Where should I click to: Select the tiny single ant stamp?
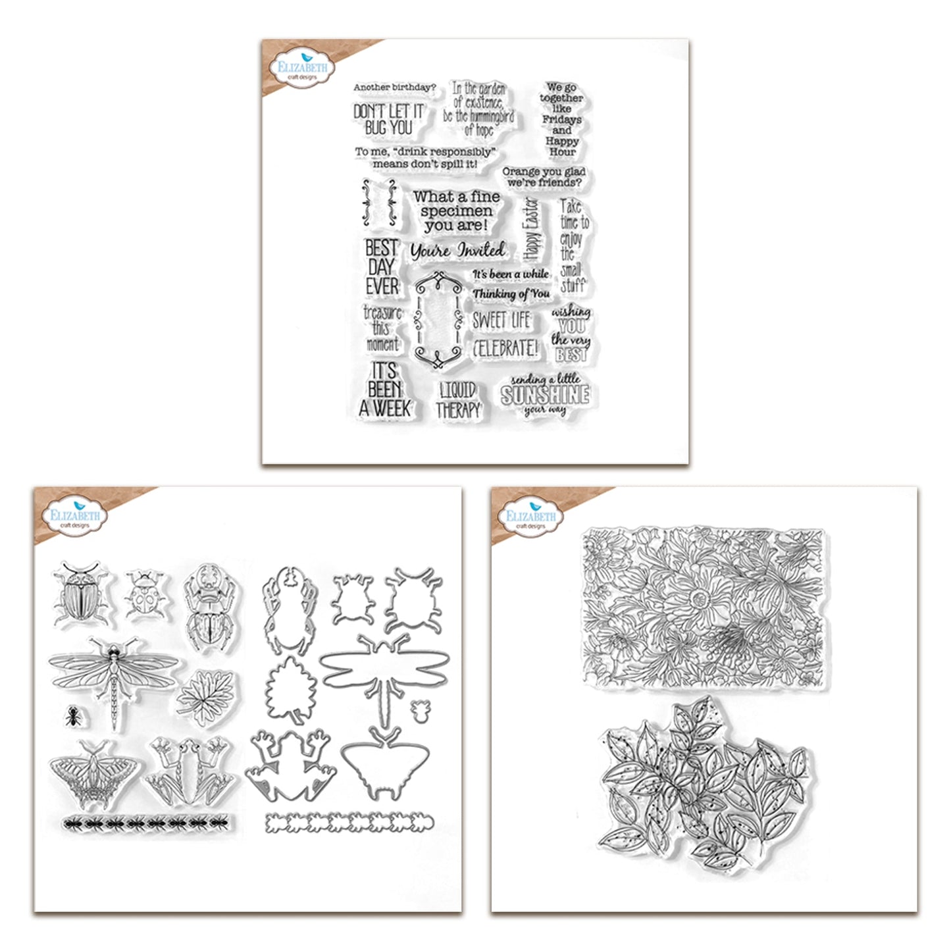coord(72,715)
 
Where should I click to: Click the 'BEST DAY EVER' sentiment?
coord(381,267)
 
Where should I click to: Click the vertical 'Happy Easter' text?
coord(532,230)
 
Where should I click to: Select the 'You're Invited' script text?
coord(458,250)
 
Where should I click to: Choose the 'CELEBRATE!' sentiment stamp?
coord(504,348)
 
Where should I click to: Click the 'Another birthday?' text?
coord(395,88)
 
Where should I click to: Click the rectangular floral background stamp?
coord(704,607)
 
